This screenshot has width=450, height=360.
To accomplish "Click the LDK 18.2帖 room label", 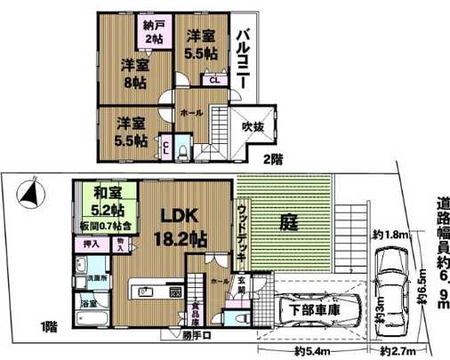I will tap(183, 226).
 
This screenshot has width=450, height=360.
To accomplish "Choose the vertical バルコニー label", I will tap(241, 57).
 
